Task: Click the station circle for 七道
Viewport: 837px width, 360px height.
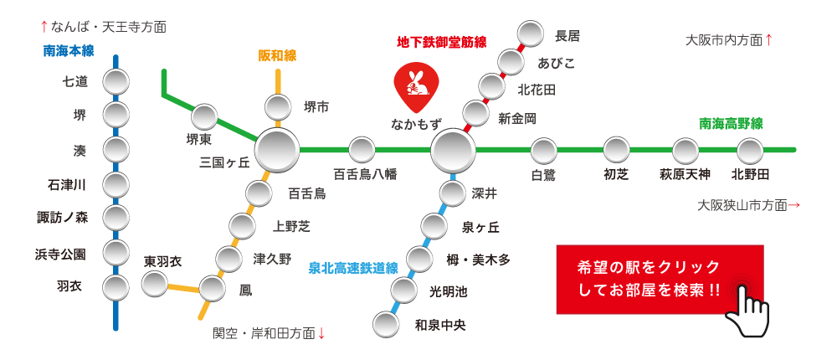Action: (x=116, y=82)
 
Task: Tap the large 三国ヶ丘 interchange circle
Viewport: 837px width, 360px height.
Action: (x=276, y=150)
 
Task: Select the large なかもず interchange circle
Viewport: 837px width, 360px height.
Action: (x=453, y=150)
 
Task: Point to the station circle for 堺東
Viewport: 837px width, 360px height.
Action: (x=203, y=117)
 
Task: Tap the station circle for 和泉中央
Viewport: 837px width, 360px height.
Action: (x=385, y=324)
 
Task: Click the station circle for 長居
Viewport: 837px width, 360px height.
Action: (x=531, y=34)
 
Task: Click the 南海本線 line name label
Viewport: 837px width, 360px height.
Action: (x=69, y=51)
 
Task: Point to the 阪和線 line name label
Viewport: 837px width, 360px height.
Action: (x=277, y=55)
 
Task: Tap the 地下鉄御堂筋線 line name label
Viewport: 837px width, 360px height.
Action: (x=442, y=42)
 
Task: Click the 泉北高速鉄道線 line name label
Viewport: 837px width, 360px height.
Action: (x=354, y=268)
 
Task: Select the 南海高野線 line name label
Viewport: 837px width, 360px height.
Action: (x=731, y=124)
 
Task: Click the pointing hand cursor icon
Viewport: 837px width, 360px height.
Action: (x=747, y=308)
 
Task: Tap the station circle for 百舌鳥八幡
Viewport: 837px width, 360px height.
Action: (x=362, y=150)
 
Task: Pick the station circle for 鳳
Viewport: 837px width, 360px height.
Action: (x=212, y=290)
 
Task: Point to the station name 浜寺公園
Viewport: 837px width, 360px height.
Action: (x=60, y=255)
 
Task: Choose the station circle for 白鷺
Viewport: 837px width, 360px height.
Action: (x=544, y=151)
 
